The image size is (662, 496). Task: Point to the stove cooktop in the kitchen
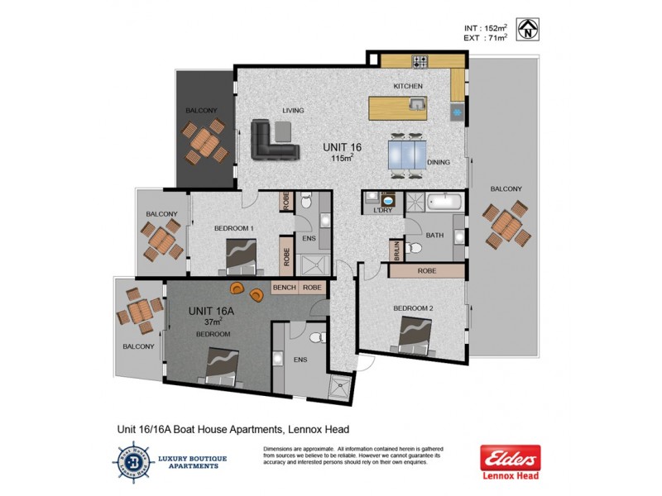click(420, 60)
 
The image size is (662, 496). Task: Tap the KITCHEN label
click(408, 86)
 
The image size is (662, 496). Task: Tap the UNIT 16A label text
click(212, 311)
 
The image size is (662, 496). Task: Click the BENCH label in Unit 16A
click(285, 288)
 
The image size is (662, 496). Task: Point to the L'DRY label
click(382, 211)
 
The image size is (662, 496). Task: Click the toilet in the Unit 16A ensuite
click(314, 339)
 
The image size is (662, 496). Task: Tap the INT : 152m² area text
click(486, 28)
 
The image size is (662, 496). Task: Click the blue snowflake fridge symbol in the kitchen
click(455, 110)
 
